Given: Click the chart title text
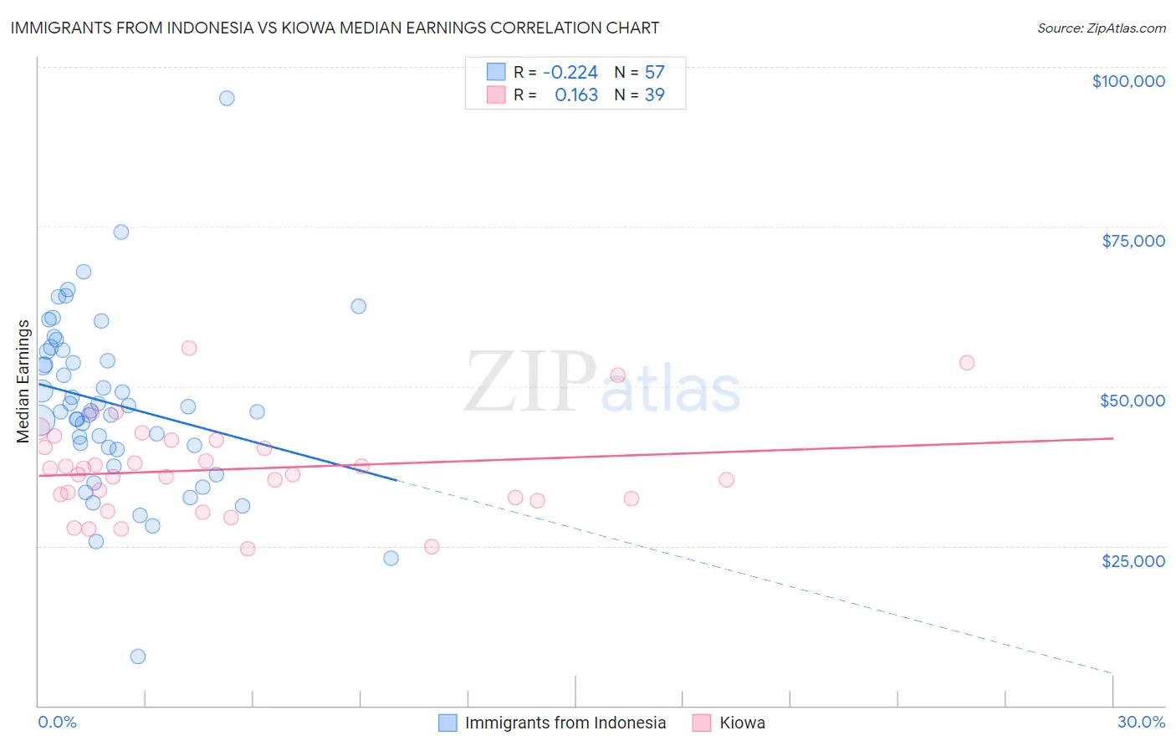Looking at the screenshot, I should click(335, 28).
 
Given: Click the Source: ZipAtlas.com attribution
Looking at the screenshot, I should click(1101, 28).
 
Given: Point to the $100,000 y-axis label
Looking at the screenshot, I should click(1128, 81).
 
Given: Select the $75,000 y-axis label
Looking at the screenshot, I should click(1133, 241).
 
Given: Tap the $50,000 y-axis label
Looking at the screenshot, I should click(1132, 401).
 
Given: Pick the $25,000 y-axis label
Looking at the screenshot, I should click(1133, 561).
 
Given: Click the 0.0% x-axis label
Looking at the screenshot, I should click(57, 722).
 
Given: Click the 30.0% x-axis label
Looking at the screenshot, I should click(1141, 722).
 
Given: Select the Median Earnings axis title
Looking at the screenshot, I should click(23, 381).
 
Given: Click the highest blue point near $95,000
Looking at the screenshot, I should click(227, 98).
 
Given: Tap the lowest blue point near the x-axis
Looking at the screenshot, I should click(138, 657).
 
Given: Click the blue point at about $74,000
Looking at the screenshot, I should click(121, 232).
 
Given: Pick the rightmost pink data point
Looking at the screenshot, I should click(967, 363).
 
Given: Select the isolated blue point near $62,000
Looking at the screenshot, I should click(359, 306).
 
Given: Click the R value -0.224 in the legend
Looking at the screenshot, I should click(570, 73).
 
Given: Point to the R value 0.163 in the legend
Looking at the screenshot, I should click(576, 95).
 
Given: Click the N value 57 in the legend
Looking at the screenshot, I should click(654, 73).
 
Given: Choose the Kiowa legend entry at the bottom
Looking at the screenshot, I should click(742, 723).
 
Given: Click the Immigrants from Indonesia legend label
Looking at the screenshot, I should click(565, 723).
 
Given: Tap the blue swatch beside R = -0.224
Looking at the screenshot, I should click(497, 72).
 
